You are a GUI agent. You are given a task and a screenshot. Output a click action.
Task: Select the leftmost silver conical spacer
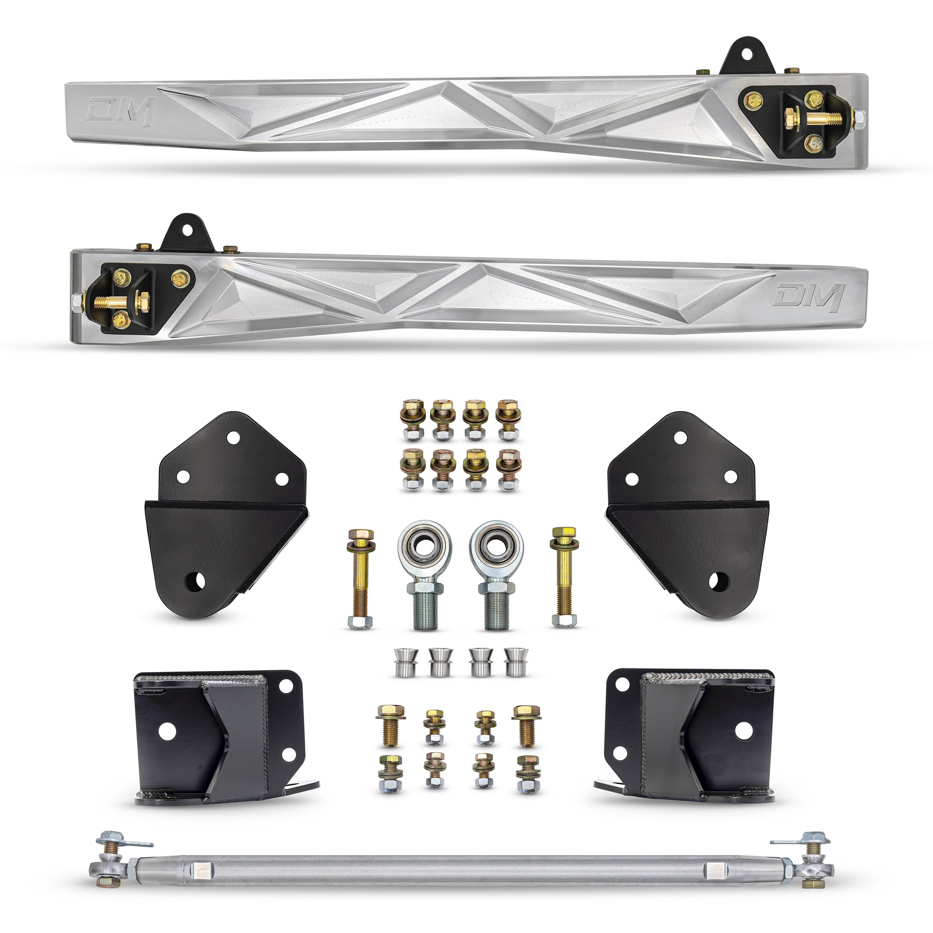[x=406, y=663]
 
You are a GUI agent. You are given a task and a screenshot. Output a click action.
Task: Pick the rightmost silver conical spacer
[x=516, y=662]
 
